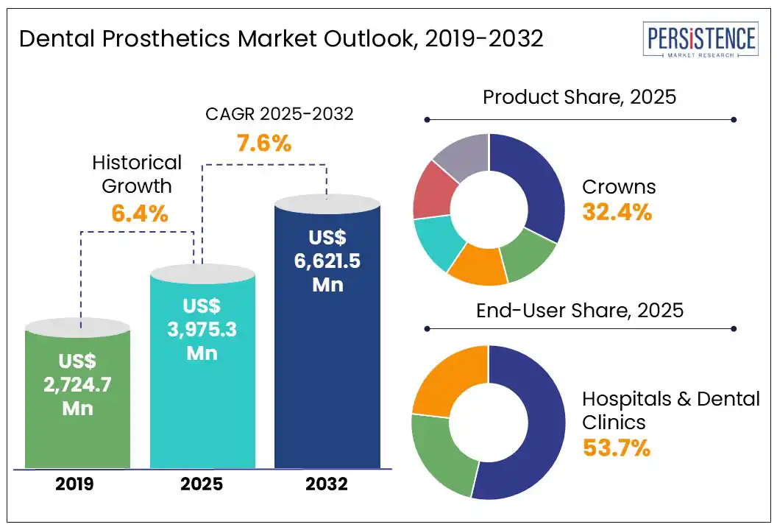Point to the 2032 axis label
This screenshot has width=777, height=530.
coord(327,485)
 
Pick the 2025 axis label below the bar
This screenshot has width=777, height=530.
coord(202,485)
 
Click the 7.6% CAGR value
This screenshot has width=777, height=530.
coord(263,143)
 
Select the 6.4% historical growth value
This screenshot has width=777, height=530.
coord(140,214)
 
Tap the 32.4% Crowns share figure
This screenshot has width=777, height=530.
coord(617,212)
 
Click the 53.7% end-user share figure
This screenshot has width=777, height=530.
coord(617,447)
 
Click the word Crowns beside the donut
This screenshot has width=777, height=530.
coord(619,186)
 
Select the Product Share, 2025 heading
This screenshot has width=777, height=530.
coord(579,97)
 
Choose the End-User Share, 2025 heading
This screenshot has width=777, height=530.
coord(579,310)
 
